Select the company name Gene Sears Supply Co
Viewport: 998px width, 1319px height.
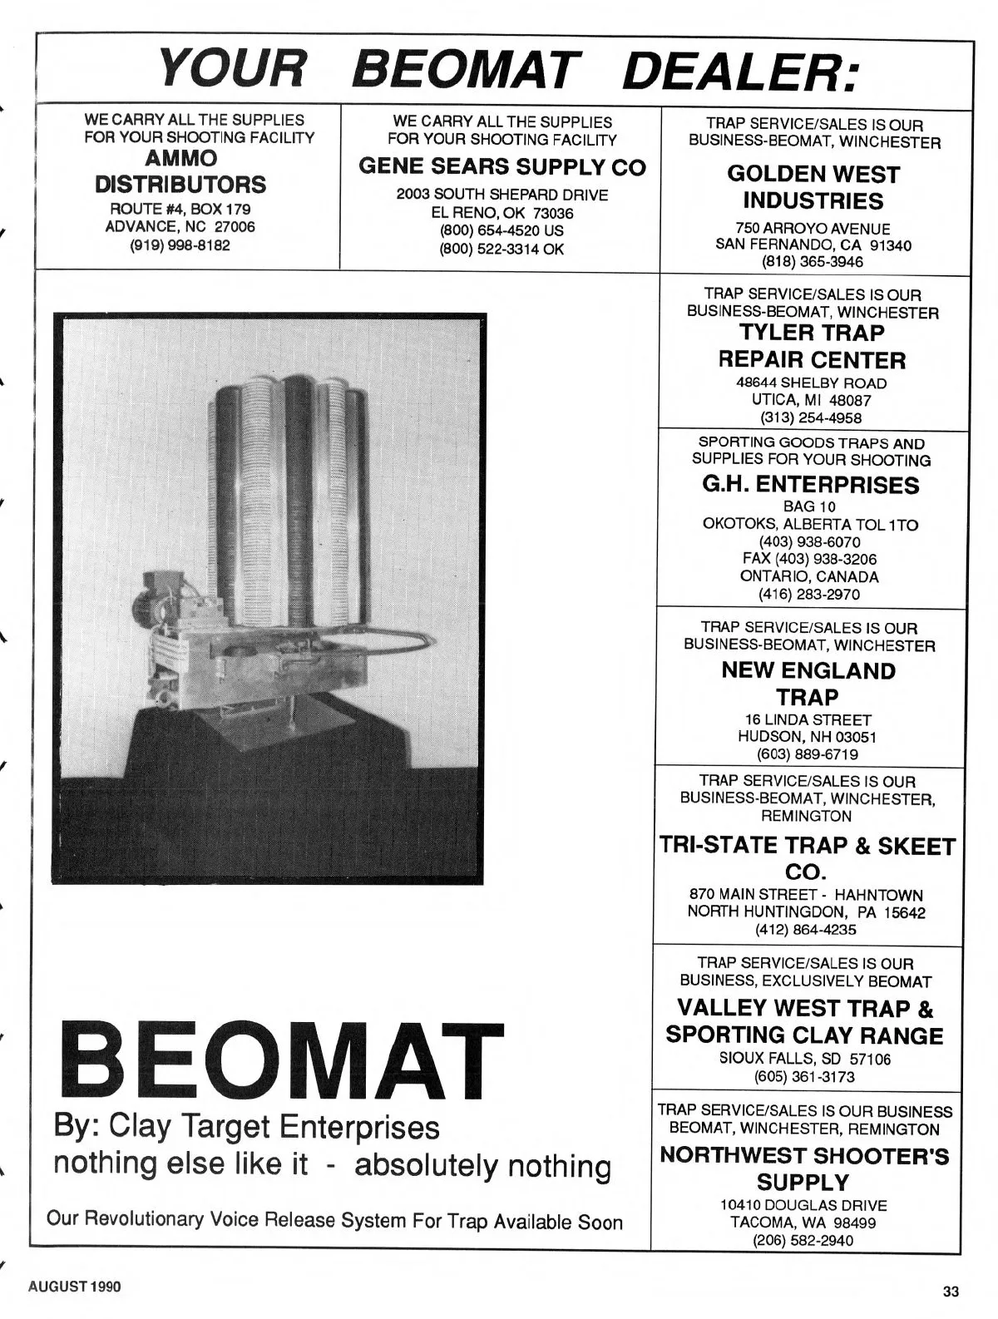[501, 167]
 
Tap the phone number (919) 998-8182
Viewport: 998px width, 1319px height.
[180, 245]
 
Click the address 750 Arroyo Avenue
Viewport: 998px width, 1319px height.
[812, 228]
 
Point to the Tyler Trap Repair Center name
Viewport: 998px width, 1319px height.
[811, 346]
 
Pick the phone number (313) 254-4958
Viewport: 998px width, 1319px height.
[811, 417]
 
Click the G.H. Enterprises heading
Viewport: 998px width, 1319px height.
[811, 484]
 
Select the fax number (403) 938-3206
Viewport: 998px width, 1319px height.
[809, 559]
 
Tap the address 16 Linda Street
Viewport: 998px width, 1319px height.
[807, 719]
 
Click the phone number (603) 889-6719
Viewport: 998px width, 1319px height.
[807, 754]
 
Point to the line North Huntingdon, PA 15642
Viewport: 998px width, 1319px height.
[806, 911]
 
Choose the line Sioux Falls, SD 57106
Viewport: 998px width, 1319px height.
[804, 1060]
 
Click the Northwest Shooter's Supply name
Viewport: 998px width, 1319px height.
[804, 1168]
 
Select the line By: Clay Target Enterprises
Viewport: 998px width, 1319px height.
[246, 1128]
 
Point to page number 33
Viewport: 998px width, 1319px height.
[951, 1292]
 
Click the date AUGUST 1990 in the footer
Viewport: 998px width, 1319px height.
[75, 1287]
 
